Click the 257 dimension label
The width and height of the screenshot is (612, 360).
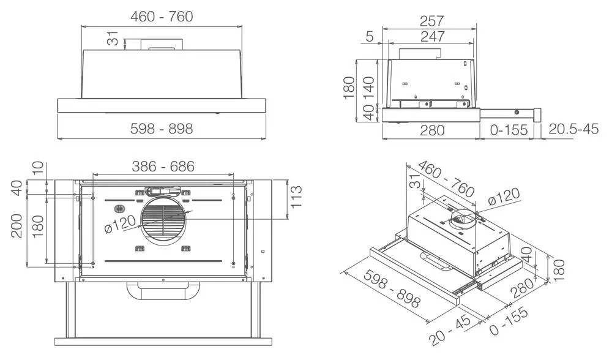pyautogui.click(x=432, y=21)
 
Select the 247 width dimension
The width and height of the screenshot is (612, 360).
pyautogui.click(x=432, y=37)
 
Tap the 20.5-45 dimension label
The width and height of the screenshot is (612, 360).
pyautogui.click(x=573, y=129)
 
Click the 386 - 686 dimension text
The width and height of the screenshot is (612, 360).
pyautogui.click(x=163, y=166)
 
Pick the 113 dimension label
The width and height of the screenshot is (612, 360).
pyautogui.click(x=296, y=197)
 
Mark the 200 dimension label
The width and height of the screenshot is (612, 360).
pyautogui.click(x=17, y=225)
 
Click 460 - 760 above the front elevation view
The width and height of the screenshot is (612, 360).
pyautogui.click(x=162, y=17)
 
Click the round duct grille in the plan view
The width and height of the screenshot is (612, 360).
pyautogui.click(x=163, y=220)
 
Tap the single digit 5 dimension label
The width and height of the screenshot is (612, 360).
pyautogui.click(x=369, y=37)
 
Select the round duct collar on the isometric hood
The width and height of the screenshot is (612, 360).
pyautogui.click(x=464, y=219)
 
